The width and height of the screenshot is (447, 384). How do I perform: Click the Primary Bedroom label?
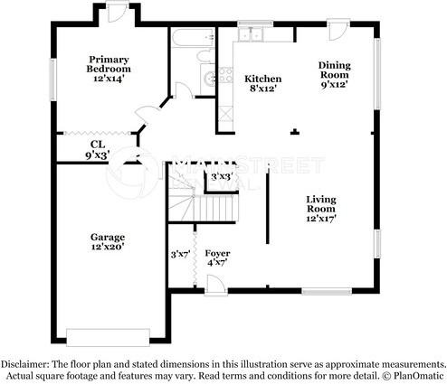[109, 69]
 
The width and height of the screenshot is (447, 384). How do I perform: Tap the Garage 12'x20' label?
[108, 242]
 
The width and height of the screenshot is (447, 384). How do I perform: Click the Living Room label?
[321, 209]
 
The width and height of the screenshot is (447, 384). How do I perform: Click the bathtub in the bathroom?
[194, 37]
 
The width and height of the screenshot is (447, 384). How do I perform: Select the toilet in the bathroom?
[205, 56]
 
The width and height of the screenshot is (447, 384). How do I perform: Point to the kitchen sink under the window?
[251, 34]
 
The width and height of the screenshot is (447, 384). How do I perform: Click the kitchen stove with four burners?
[226, 75]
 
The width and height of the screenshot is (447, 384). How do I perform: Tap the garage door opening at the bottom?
[108, 338]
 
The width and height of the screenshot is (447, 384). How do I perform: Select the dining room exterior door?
[338, 30]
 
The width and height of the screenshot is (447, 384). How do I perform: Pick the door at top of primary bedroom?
[118, 12]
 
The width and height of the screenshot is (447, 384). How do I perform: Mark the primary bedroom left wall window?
[53, 80]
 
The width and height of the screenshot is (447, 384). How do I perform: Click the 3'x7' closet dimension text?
[180, 255]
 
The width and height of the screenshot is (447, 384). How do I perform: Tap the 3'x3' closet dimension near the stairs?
[222, 176]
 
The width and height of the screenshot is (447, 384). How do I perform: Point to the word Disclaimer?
[24, 364]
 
